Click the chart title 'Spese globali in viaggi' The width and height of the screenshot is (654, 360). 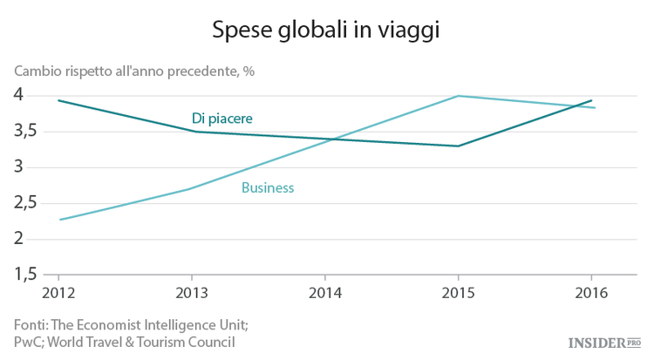pyautogui.click(x=326, y=31)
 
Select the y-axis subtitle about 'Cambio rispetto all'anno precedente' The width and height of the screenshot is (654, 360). pyautogui.click(x=133, y=71)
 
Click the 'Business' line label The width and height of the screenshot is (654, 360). pyautogui.click(x=268, y=187)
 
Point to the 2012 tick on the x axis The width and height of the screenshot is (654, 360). pyautogui.click(x=59, y=292)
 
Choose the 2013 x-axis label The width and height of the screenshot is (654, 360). pyautogui.click(x=192, y=292)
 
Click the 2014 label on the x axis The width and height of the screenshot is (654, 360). pyautogui.click(x=325, y=292)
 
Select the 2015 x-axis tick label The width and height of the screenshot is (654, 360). pyautogui.click(x=458, y=292)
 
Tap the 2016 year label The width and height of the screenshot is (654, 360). pyautogui.click(x=591, y=292)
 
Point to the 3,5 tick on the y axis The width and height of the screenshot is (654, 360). pyautogui.click(x=25, y=131)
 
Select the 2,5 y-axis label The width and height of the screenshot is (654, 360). pyautogui.click(x=25, y=203)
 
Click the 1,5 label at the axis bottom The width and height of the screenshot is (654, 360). pyautogui.click(x=25, y=275)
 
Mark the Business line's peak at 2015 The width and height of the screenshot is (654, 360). pyautogui.click(x=458, y=96)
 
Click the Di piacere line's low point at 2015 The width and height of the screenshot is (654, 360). pyautogui.click(x=458, y=146)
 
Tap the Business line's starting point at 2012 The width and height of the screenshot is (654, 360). pyautogui.click(x=59, y=220)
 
